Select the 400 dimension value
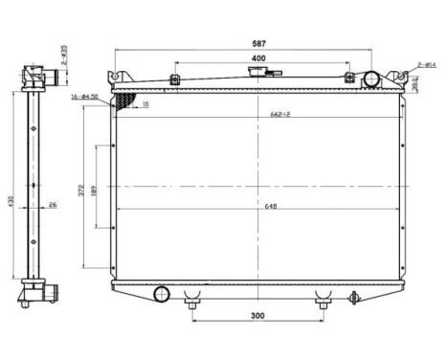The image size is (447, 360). click(258, 59)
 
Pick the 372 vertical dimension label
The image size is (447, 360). click(81, 191)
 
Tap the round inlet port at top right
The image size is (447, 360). click(372, 79)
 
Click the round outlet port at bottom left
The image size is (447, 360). click(161, 292)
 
